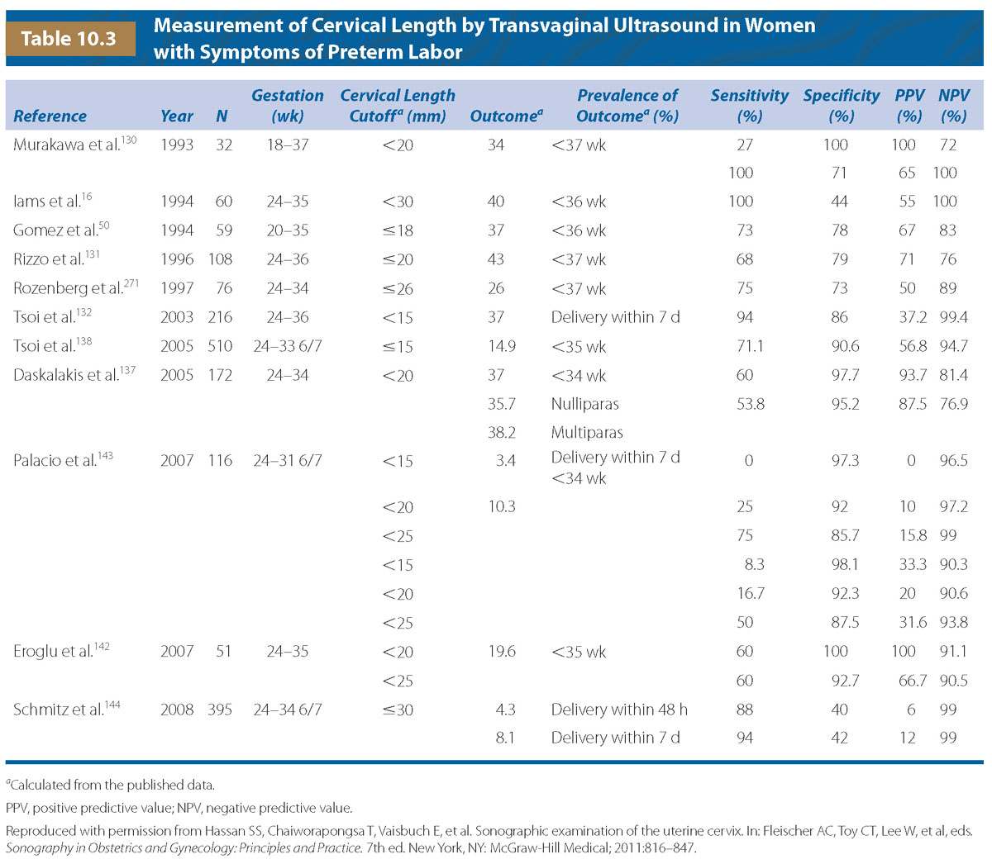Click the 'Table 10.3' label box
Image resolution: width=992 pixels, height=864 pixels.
pos(69,38)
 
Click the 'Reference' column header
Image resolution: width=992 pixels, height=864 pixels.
pos(50,116)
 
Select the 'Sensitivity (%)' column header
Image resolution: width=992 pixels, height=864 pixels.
pos(749,106)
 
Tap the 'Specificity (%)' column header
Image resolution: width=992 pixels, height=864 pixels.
pos(841,106)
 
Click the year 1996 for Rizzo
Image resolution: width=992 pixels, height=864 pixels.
pos(177,259)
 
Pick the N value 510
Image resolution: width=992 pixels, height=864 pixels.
pos(220,346)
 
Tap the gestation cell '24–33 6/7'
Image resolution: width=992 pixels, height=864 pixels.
pos(288,346)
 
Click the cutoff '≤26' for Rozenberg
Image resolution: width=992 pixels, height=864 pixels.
pos(398,288)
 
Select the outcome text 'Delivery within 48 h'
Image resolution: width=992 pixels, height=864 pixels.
pos(619,710)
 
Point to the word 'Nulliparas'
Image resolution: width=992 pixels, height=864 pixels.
pos(584,404)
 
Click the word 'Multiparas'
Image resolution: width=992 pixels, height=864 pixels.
pos(587,433)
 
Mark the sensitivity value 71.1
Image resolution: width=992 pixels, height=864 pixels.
pos(744,346)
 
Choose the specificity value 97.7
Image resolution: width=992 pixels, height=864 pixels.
pos(840,375)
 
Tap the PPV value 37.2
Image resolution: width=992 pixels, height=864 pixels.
pos(907,317)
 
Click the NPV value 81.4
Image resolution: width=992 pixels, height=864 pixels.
pos(952,375)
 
